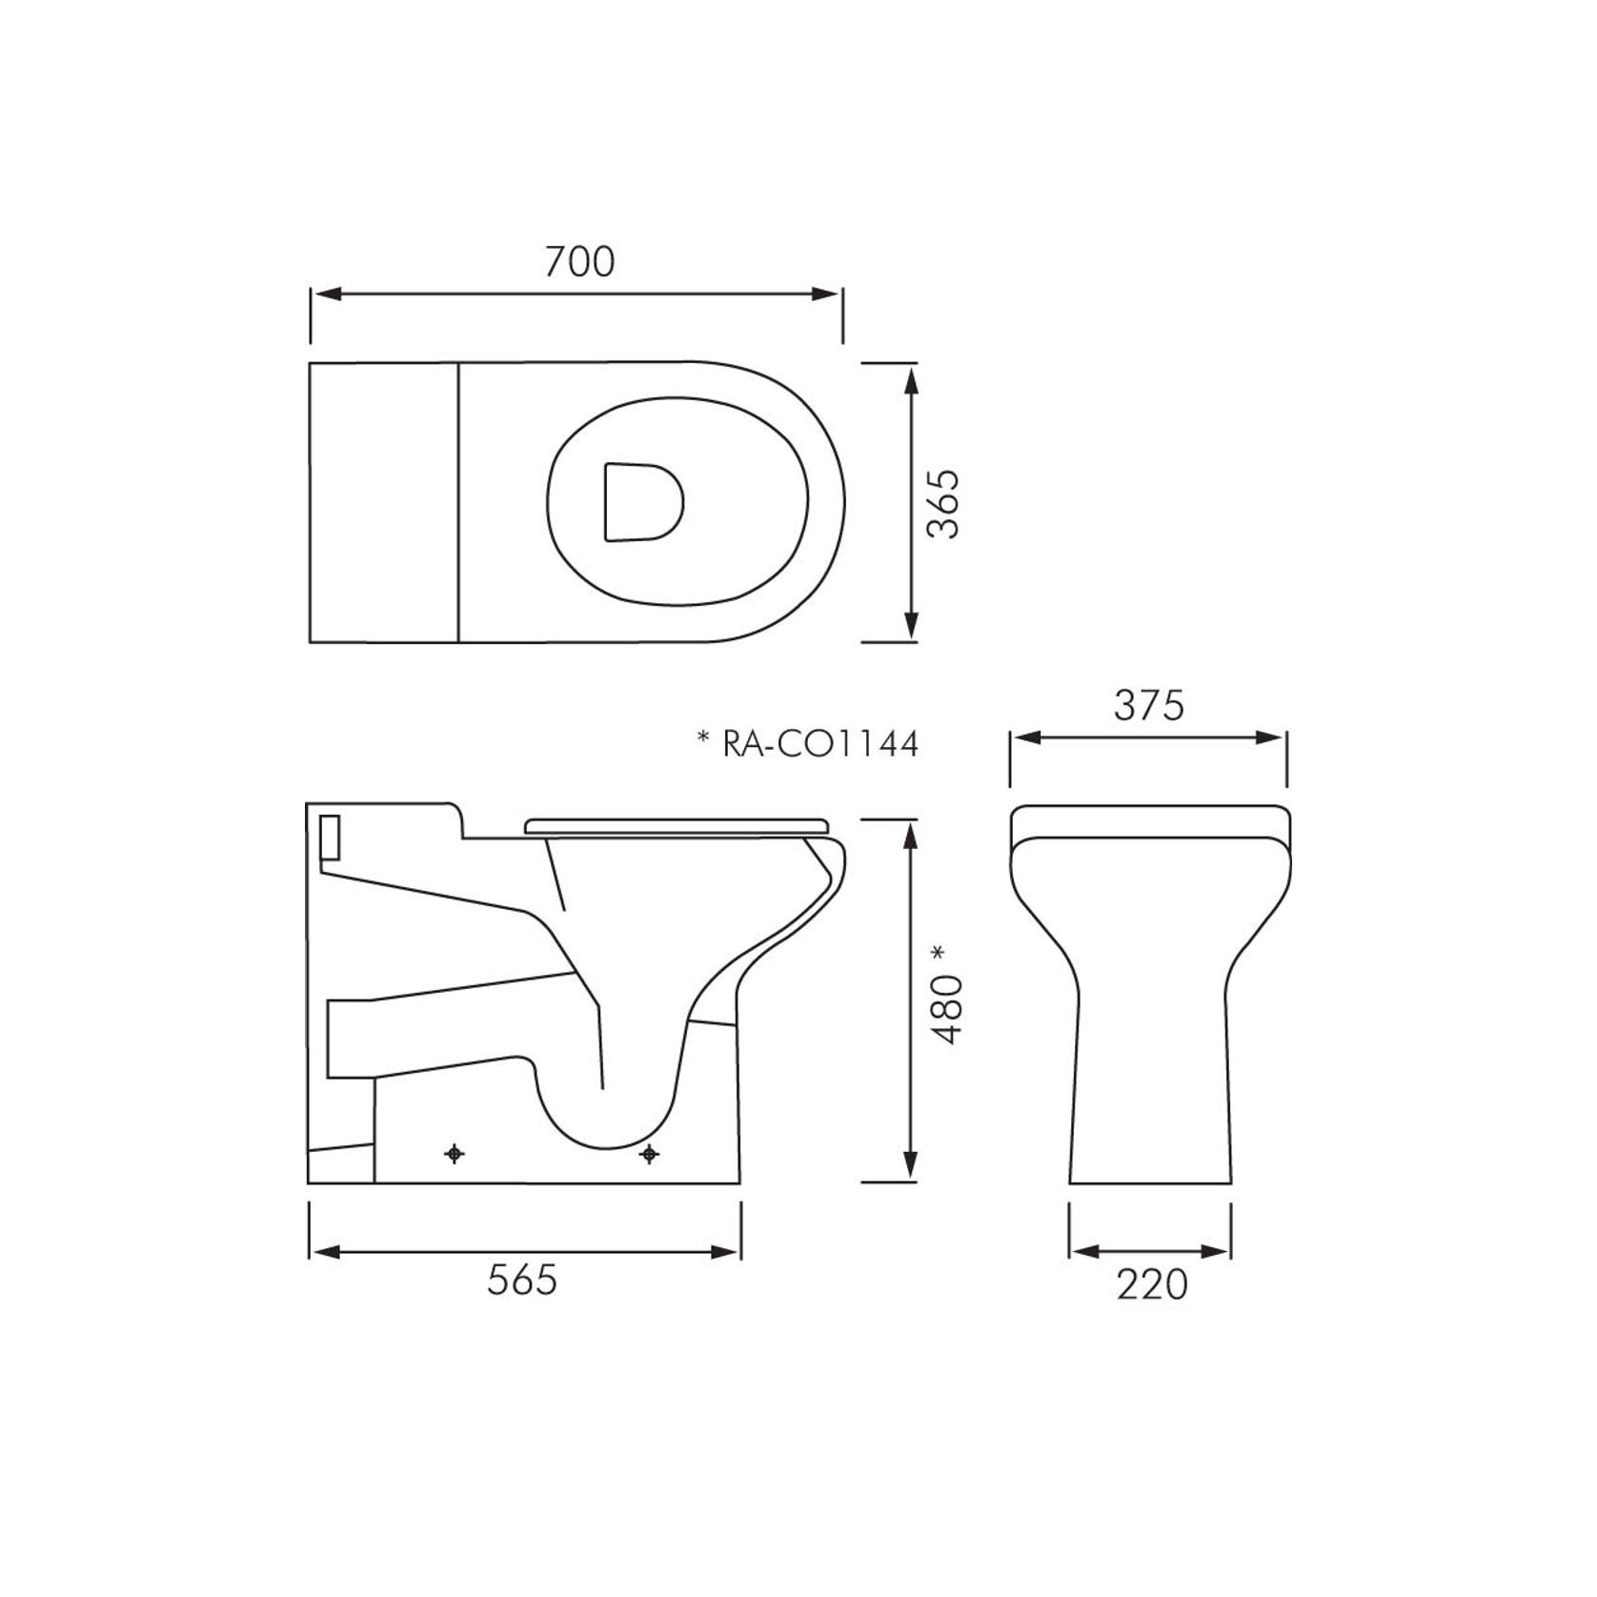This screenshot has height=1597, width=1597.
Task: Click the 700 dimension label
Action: (579, 261)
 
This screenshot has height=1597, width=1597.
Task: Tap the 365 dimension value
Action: (943, 504)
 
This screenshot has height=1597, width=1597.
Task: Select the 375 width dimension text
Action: (1148, 706)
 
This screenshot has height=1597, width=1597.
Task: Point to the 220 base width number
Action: (1152, 1284)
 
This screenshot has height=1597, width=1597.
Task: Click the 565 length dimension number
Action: (521, 1280)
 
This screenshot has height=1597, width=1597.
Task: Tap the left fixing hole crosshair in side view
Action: (455, 1154)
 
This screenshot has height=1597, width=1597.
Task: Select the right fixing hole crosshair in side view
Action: (649, 1154)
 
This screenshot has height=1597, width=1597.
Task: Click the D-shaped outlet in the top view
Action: (642, 501)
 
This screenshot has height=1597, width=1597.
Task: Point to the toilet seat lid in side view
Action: (677, 825)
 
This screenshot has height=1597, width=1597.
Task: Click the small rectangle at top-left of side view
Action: (330, 836)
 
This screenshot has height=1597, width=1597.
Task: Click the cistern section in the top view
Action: (384, 502)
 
